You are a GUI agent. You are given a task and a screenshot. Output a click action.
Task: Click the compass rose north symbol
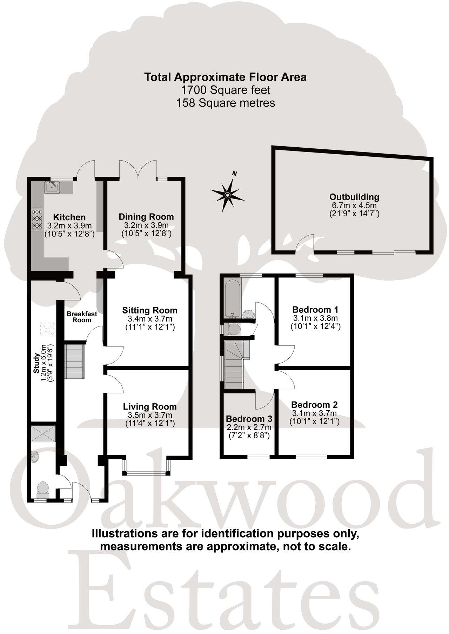[x=227, y=195]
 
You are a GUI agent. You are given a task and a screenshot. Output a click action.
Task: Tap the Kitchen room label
[x=69, y=217]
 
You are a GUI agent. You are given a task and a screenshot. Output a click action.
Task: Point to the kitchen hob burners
[x=37, y=221]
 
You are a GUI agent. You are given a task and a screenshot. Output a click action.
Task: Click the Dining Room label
[x=146, y=217]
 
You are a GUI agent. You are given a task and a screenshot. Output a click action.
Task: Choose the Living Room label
[x=150, y=407]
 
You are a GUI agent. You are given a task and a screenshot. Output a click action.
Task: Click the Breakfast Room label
[x=82, y=317]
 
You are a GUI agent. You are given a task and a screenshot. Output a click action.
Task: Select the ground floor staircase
[x=75, y=361]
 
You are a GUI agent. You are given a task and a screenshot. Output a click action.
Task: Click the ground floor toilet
[x=42, y=488]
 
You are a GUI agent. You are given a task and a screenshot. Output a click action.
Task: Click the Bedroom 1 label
[x=315, y=310]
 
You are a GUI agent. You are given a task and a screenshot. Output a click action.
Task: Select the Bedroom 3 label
[x=249, y=419]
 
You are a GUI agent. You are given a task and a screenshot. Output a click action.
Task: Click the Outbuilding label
[x=354, y=197]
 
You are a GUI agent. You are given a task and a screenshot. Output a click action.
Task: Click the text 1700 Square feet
[x=226, y=90]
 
